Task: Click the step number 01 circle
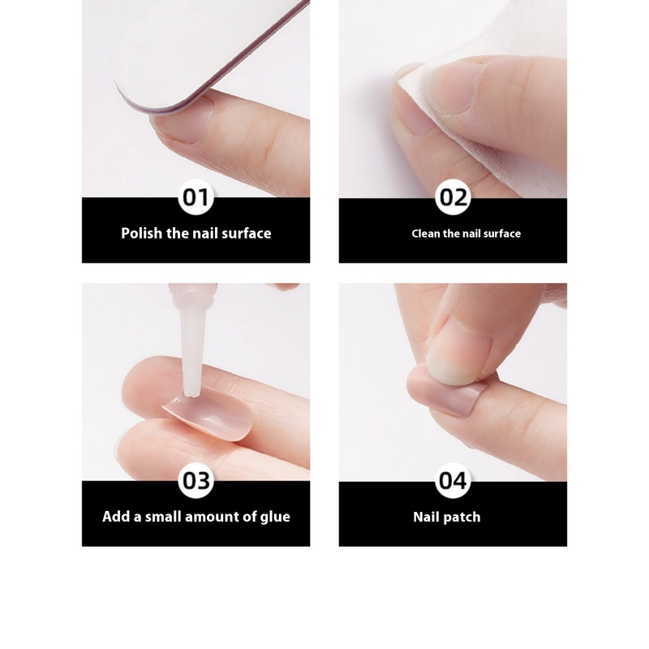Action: tap(196, 197)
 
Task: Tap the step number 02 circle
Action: tap(453, 197)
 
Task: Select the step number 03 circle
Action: tap(196, 480)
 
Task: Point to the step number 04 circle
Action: tap(453, 480)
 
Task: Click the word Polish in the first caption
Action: tap(141, 234)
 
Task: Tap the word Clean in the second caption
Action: tap(426, 234)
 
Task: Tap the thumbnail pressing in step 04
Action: tap(458, 356)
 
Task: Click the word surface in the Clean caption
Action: tap(502, 234)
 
